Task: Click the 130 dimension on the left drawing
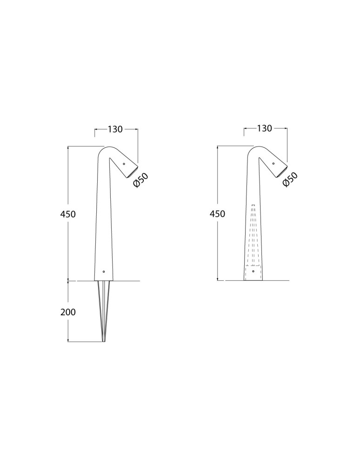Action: [115, 130]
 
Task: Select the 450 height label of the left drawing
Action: [68, 214]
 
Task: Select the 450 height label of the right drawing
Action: [217, 214]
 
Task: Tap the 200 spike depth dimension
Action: [68, 312]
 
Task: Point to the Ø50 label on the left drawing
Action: [140, 180]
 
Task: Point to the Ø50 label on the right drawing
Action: [290, 179]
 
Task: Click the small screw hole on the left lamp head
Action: [124, 164]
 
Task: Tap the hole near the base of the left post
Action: [104, 271]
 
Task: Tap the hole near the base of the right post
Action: [253, 271]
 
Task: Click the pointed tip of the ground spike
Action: [104, 341]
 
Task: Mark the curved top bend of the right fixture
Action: [254, 150]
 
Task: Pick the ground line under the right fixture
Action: [274, 281]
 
